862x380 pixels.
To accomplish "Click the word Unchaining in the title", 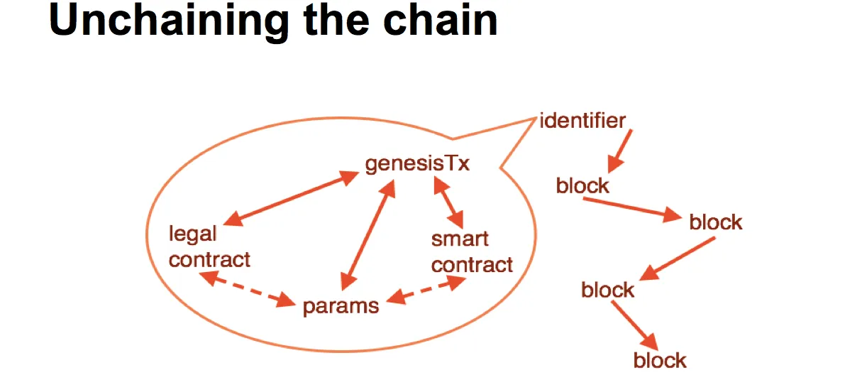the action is point(169,21).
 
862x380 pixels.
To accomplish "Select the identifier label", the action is point(582,121).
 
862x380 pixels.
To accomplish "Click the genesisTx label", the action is point(418,163).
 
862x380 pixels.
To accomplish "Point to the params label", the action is point(341,306).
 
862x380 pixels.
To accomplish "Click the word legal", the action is point(193,234).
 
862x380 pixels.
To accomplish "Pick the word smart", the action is point(460,239).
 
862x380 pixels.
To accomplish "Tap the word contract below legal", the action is point(210,260).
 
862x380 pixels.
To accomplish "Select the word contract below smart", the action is point(473,265).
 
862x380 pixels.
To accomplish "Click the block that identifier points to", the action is point(582,186).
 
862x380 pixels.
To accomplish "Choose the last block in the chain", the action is point(660,360).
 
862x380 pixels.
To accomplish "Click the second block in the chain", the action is point(716,222).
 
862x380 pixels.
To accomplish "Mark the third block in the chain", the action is point(607,290).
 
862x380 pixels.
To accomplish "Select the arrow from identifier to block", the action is point(619,151).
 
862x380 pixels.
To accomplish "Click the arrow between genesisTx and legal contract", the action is point(292,198).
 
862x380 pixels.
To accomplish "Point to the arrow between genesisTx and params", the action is point(368,234).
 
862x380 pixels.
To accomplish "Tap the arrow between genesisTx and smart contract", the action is point(448,202).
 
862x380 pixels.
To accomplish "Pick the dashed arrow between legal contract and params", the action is point(248,289).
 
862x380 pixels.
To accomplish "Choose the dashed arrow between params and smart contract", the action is point(426,291).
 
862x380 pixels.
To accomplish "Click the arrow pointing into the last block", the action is point(635,325).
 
